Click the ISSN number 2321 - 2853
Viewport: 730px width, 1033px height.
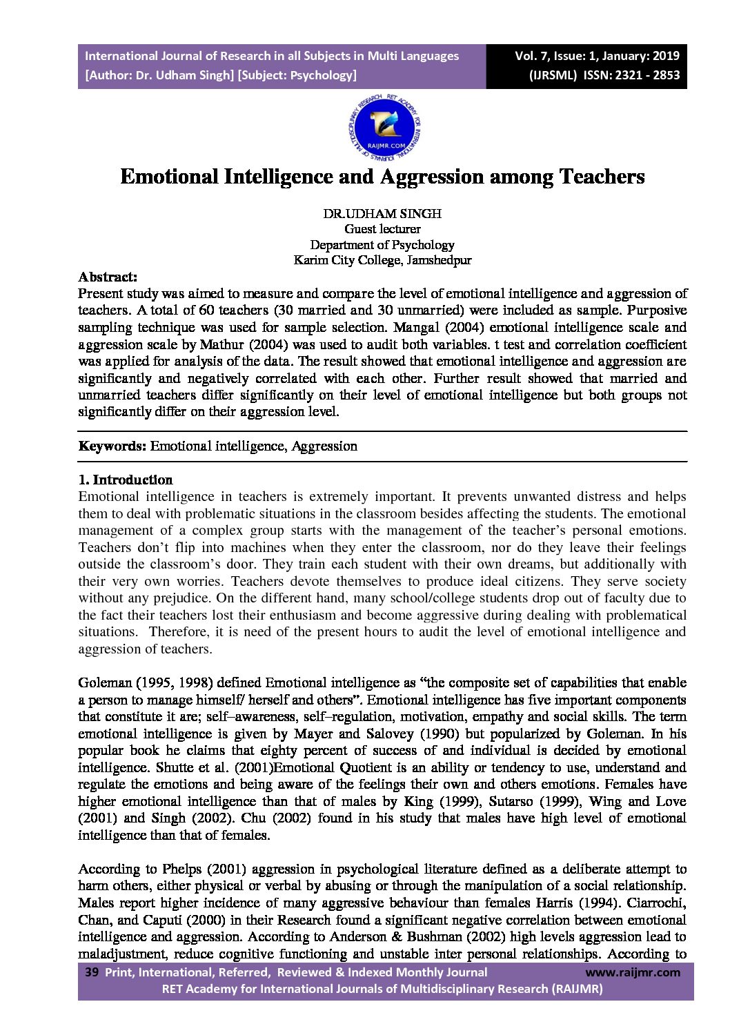click(x=647, y=75)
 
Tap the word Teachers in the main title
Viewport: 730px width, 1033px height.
click(x=602, y=177)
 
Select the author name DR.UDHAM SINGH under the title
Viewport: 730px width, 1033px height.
click(x=382, y=213)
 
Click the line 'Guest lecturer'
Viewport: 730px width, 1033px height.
click(x=382, y=229)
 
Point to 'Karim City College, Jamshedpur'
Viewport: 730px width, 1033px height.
click(x=382, y=260)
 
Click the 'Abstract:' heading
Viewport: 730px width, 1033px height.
click(x=108, y=277)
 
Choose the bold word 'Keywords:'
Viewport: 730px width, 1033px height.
click(x=112, y=446)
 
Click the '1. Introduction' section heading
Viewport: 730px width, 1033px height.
click(x=126, y=480)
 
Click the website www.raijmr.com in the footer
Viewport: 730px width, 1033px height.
click(x=633, y=972)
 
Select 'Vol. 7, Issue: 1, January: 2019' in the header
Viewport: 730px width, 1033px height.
click(x=597, y=56)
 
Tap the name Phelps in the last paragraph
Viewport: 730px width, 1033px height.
click(x=182, y=869)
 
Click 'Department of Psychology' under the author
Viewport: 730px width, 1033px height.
click(x=382, y=245)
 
